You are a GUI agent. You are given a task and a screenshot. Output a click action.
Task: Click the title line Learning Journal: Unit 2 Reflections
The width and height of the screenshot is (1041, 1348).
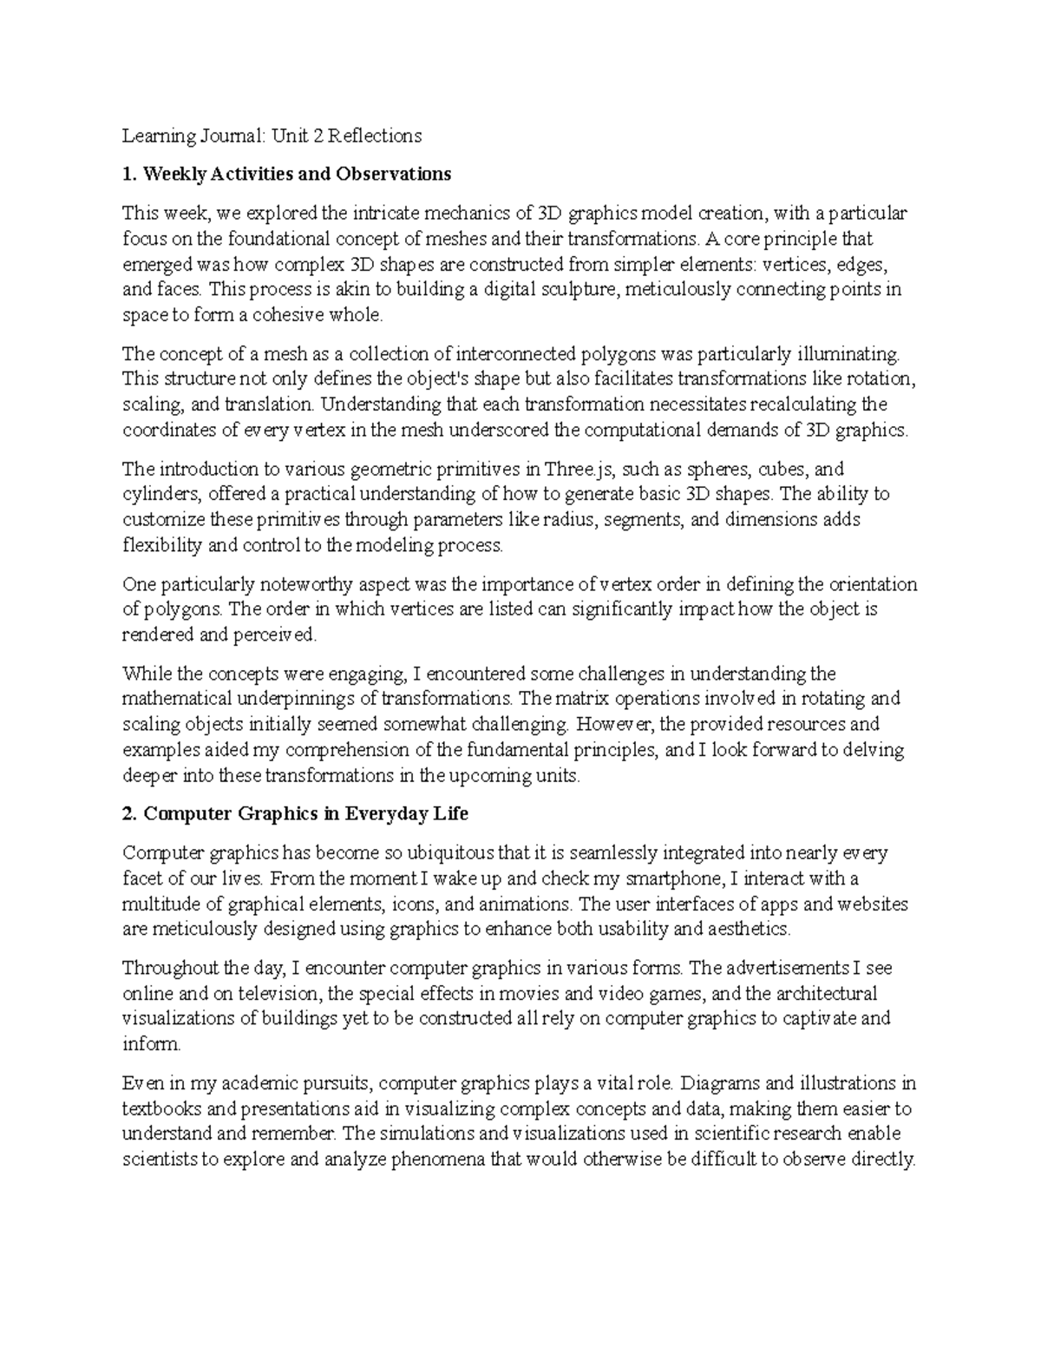pyautogui.click(x=272, y=135)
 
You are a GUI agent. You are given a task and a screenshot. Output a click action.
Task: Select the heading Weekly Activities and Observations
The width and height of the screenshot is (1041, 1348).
pyautogui.click(x=286, y=174)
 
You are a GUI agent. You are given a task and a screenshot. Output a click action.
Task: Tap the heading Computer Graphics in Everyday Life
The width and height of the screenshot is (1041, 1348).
pyautogui.click(x=295, y=814)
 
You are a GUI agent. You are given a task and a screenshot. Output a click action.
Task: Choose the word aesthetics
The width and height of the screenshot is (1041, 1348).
pyautogui.click(x=748, y=930)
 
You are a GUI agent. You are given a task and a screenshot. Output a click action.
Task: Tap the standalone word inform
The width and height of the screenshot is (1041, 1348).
pyautogui.click(x=149, y=1044)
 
